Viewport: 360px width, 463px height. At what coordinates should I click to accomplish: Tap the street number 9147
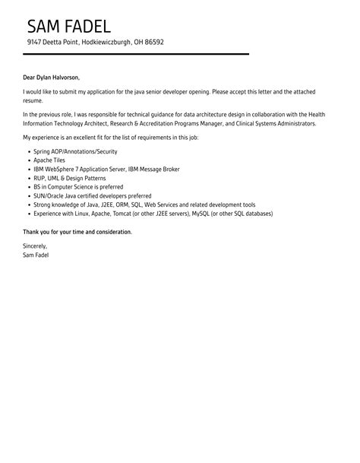click(35, 43)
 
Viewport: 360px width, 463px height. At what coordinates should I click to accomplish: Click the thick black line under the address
click(136, 54)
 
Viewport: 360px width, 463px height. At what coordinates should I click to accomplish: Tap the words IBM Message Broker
click(155, 169)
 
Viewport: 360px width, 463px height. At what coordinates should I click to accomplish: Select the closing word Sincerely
click(35, 246)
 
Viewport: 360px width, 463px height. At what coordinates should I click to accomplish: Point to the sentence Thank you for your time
click(77, 231)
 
